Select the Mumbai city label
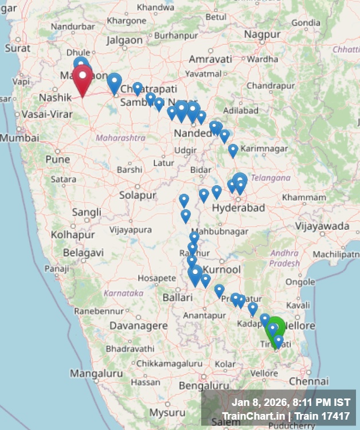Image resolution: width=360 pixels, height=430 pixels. point(19,138)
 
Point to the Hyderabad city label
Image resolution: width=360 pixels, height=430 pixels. point(238,208)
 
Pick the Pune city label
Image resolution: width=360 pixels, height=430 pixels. point(57,159)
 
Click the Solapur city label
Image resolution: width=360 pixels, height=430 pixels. point(138,196)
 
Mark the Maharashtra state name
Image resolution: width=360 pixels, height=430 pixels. point(120,138)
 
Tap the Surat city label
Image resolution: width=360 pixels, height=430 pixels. point(17,48)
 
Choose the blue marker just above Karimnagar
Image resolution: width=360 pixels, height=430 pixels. point(233,150)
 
